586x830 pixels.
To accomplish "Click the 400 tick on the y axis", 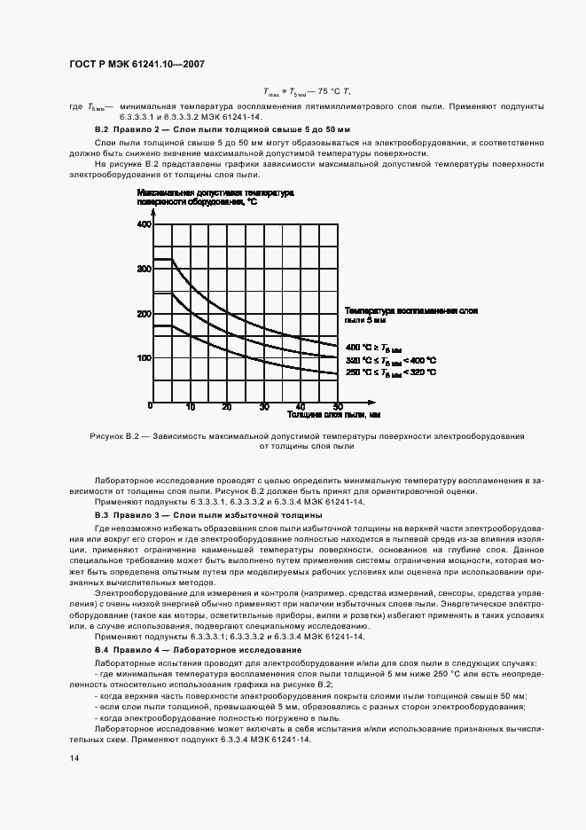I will tap(145, 224).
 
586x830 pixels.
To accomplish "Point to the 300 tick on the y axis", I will tap(145, 269).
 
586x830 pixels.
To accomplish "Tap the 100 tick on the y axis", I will tap(145, 358).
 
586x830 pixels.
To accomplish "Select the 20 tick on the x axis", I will tap(227, 407).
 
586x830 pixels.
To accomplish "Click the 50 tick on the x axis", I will tap(338, 407).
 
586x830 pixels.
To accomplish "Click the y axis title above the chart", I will tap(215, 197).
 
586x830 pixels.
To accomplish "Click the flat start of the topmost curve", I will tap(162, 259).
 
